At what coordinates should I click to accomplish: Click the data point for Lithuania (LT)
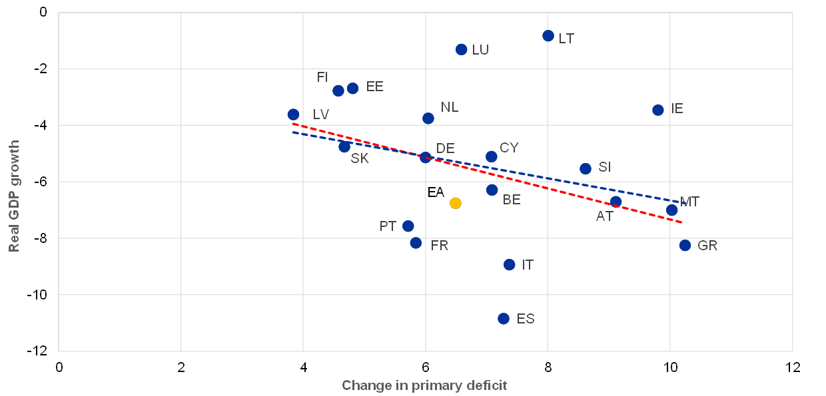pyautogui.click(x=548, y=36)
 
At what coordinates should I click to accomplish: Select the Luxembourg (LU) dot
pyautogui.click(x=461, y=50)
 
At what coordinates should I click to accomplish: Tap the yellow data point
pyautogui.click(x=456, y=203)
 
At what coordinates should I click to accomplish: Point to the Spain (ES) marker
pyautogui.click(x=504, y=319)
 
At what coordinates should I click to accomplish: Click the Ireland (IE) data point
pyautogui.click(x=658, y=110)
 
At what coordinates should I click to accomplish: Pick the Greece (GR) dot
pyautogui.click(x=685, y=246)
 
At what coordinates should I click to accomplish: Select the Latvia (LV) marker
pyautogui.click(x=293, y=114)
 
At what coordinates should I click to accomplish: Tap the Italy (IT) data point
pyautogui.click(x=510, y=265)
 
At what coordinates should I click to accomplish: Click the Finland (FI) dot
pyautogui.click(x=338, y=91)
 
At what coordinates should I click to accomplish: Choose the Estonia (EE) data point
pyautogui.click(x=353, y=89)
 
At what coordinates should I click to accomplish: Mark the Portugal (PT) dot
pyautogui.click(x=408, y=226)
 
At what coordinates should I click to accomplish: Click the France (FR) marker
pyautogui.click(x=416, y=243)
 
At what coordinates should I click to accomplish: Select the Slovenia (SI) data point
pyautogui.click(x=586, y=169)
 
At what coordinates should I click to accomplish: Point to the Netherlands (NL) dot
pyautogui.click(x=428, y=118)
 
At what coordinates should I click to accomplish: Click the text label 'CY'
pyautogui.click(x=509, y=148)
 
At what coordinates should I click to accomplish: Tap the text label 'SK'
pyautogui.click(x=360, y=159)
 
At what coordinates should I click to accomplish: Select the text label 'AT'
pyautogui.click(x=604, y=216)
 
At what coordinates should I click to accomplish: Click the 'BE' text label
pyautogui.click(x=512, y=200)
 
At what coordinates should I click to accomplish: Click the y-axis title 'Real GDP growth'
pyautogui.click(x=14, y=196)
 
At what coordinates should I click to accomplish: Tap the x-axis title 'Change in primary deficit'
pyautogui.click(x=424, y=385)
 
